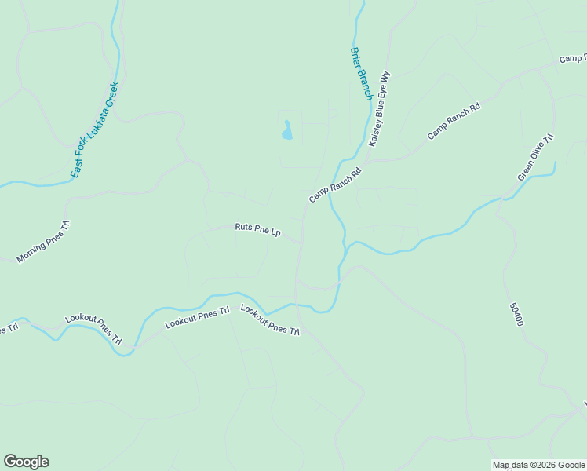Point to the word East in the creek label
pyautogui.click(x=75, y=170)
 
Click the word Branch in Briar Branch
pyautogui.click(x=365, y=86)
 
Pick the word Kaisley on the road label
pyautogui.click(x=375, y=133)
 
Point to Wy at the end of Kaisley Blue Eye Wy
pyautogui.click(x=385, y=77)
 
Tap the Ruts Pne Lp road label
pyautogui.click(x=257, y=229)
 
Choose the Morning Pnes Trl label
pyautogui.click(x=43, y=242)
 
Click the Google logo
pyautogui.click(x=26, y=462)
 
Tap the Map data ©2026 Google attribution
pyautogui.click(x=538, y=465)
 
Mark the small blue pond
pyautogui.click(x=287, y=130)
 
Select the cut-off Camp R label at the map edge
pyautogui.click(x=573, y=60)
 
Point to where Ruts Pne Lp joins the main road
pyautogui.click(x=300, y=244)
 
